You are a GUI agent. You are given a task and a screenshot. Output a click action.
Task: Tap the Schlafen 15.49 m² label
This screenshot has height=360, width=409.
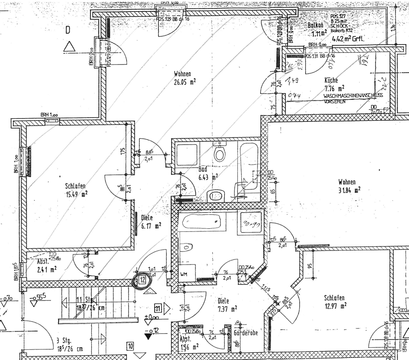(76, 190)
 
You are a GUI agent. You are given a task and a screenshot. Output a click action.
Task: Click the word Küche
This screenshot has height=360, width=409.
(331, 80)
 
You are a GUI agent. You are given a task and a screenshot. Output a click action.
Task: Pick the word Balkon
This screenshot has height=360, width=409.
(316, 25)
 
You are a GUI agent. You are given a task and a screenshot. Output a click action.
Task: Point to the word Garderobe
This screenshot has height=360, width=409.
(246, 333)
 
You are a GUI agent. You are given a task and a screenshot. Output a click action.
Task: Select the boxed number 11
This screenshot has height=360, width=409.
(158, 308)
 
